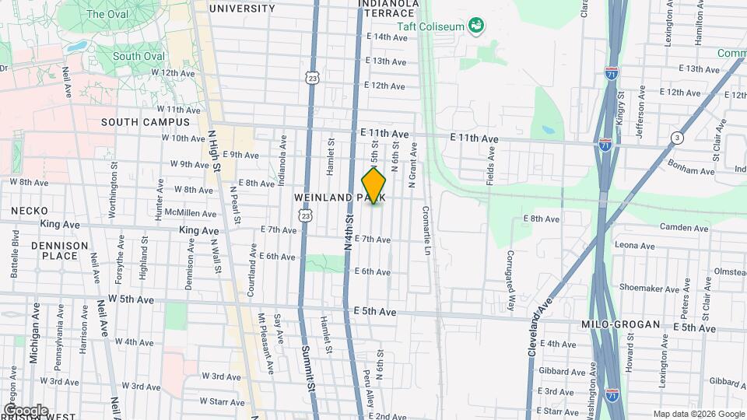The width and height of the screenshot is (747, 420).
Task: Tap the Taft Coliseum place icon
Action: (x=475, y=27)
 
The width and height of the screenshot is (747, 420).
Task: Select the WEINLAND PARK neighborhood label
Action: (x=340, y=198)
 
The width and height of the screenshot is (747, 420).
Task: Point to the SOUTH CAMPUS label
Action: (x=146, y=122)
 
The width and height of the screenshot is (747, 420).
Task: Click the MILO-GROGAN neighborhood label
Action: (x=620, y=324)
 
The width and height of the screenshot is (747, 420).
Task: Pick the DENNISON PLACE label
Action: (x=60, y=250)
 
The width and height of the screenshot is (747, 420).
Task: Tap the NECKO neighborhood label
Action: (x=30, y=211)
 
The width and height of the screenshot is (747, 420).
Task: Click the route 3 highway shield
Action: (x=677, y=138)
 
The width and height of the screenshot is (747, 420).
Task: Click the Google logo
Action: (x=26, y=410)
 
